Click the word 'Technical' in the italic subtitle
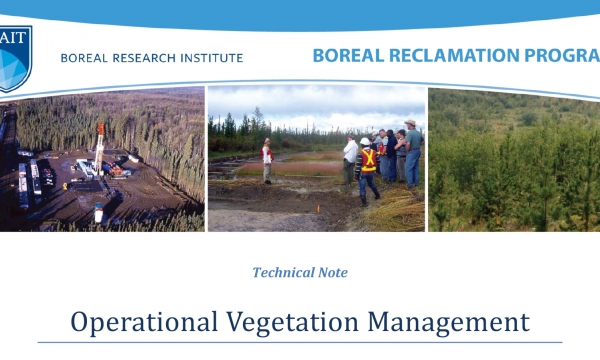(285, 272)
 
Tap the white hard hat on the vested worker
(366, 143)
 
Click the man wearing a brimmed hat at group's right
(411, 150)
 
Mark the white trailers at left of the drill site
(30, 180)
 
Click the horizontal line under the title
(300, 343)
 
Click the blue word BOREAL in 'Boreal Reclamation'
(346, 55)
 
